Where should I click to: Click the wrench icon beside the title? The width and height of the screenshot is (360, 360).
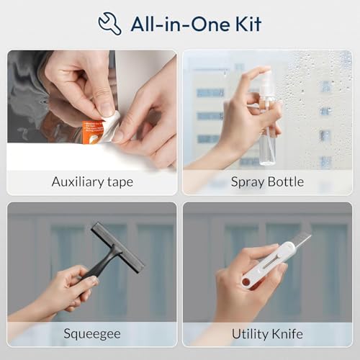click(x=109, y=24)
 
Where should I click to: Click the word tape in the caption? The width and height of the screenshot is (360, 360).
click(x=120, y=182)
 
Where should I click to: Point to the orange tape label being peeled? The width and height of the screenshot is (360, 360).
click(x=92, y=132)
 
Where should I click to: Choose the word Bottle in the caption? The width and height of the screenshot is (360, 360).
click(x=286, y=181)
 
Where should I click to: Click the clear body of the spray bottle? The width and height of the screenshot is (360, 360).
click(x=268, y=142)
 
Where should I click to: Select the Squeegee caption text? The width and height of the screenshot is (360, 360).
click(x=92, y=334)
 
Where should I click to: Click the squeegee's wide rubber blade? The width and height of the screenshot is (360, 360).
click(x=117, y=248)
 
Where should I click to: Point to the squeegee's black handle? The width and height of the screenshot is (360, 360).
click(x=101, y=264)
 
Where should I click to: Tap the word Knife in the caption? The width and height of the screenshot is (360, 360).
click(x=287, y=333)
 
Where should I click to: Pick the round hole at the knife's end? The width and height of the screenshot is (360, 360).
click(x=246, y=282)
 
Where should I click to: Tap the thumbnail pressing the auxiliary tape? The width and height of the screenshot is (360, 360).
click(x=107, y=109)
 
